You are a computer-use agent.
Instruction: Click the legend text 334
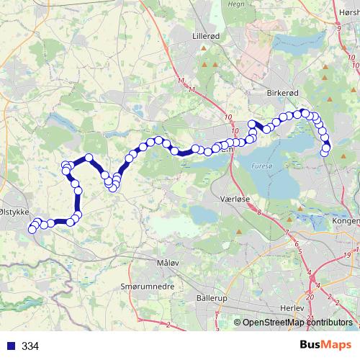tap(30, 346)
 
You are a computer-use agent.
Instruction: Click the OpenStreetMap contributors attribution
tap(297, 323)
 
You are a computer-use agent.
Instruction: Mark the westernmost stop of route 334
tap(32, 230)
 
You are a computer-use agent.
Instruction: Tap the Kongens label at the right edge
tap(346, 222)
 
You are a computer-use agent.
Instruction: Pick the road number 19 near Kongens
tap(347, 256)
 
